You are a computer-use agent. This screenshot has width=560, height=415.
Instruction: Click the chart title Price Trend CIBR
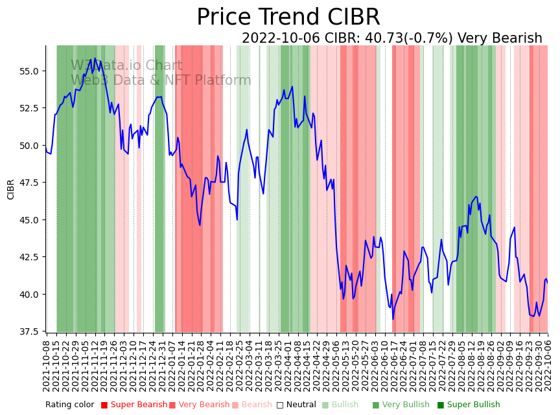(288, 17)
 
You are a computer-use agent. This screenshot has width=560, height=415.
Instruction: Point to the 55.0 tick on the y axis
(29, 71)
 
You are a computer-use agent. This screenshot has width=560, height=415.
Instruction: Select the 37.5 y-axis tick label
(29, 331)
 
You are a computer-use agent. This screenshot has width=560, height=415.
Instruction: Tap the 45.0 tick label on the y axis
(29, 219)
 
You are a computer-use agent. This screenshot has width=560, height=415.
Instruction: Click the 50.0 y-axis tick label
(29, 145)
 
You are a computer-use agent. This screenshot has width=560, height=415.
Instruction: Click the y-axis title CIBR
(11, 189)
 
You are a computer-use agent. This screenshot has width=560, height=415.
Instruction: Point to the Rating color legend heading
(70, 405)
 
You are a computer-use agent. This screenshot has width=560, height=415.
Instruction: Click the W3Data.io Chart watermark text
(126, 65)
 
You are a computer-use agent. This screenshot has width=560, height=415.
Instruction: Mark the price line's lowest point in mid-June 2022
(393, 319)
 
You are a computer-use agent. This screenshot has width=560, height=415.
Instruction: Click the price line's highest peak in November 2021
(95, 58)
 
